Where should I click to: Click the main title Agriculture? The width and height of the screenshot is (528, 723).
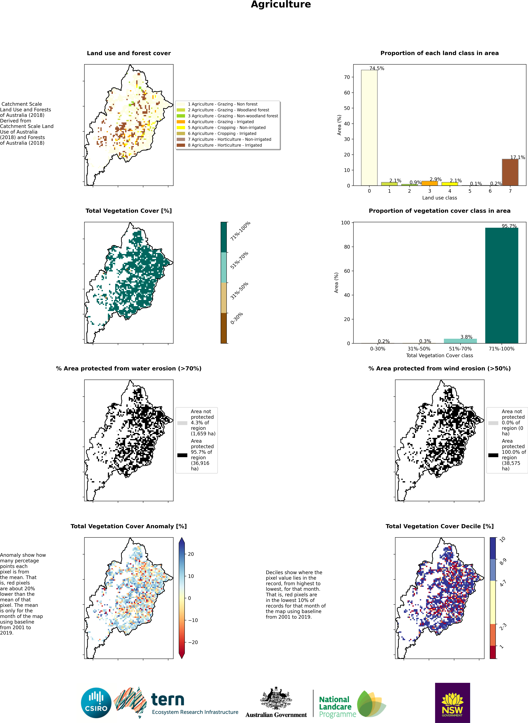pyautogui.click(x=281, y=4)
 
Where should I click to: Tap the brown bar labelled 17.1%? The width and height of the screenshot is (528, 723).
pyautogui.click(x=510, y=172)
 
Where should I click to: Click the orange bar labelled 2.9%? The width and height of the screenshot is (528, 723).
pyautogui.click(x=430, y=183)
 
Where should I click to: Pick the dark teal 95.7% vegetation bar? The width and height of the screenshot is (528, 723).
pyautogui.click(x=501, y=286)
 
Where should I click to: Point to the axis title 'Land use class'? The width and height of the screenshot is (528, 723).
pyautogui.click(x=439, y=198)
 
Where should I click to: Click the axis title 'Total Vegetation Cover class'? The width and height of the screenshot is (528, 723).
pyautogui.click(x=439, y=356)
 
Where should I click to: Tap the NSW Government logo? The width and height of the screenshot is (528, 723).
pyautogui.click(x=452, y=703)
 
